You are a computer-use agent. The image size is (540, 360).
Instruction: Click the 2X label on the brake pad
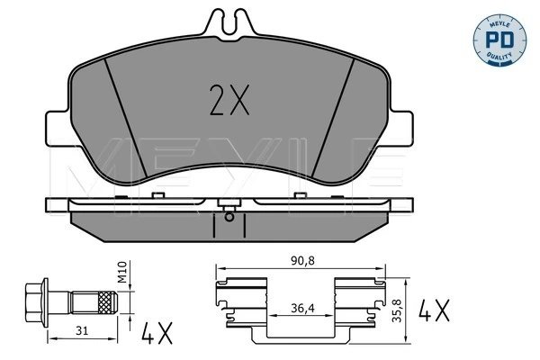229,102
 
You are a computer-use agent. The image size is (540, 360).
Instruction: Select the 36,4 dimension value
301,308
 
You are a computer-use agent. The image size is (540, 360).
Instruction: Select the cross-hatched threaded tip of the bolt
109,301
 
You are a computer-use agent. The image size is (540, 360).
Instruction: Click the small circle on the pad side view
230,215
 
